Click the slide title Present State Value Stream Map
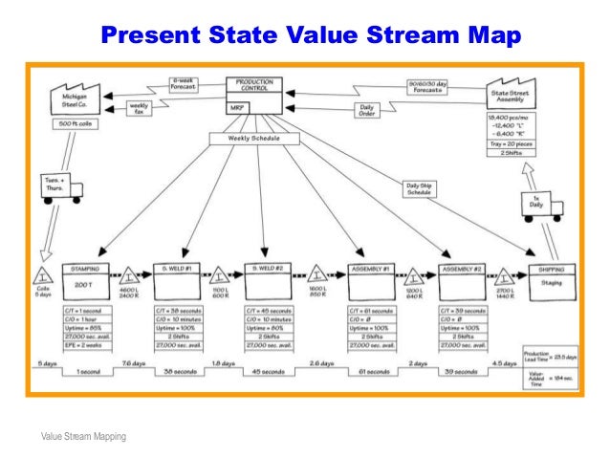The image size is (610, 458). pyautogui.click(x=312, y=36)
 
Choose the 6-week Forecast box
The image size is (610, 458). pyautogui.click(x=184, y=83)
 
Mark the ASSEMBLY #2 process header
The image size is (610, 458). pyautogui.click(x=465, y=271)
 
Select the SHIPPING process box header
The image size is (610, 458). pyautogui.click(x=550, y=271)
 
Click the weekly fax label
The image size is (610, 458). pyautogui.click(x=139, y=108)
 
